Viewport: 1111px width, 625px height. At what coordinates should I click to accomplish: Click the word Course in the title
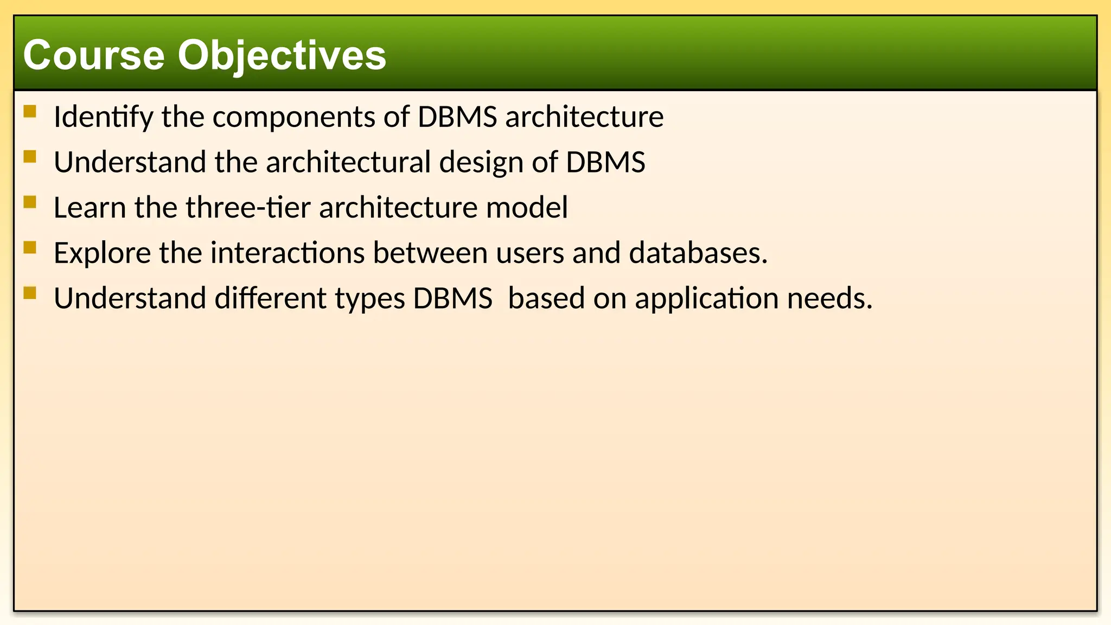(94, 55)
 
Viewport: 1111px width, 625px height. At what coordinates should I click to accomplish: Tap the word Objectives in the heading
(282, 55)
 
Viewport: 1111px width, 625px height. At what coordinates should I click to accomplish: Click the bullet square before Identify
(30, 112)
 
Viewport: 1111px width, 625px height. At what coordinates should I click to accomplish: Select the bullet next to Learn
(30, 202)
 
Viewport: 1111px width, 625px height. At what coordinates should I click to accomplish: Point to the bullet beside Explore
(30, 248)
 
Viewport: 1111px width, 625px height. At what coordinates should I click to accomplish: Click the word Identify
(103, 117)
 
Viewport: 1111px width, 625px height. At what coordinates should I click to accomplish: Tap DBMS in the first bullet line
(457, 117)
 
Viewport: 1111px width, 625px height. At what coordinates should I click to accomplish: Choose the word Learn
(90, 207)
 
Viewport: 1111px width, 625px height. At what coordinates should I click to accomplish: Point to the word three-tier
(248, 207)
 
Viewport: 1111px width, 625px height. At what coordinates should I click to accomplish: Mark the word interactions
(288, 253)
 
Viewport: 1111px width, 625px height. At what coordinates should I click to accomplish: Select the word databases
(698, 253)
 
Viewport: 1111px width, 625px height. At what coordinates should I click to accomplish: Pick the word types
(370, 298)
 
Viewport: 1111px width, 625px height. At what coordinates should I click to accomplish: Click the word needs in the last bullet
(829, 298)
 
